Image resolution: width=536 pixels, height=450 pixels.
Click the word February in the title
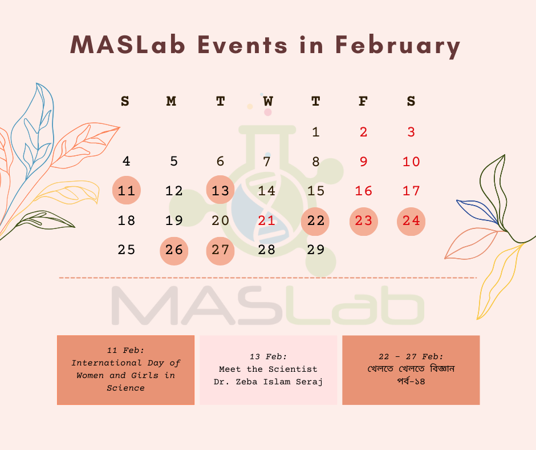pos(397,46)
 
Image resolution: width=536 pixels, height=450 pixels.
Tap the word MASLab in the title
pos(128,45)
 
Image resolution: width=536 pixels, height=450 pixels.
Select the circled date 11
pos(127,190)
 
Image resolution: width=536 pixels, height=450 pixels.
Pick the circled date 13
pos(220,190)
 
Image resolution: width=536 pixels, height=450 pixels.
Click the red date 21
pos(267,220)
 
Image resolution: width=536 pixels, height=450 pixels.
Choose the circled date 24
pos(411,221)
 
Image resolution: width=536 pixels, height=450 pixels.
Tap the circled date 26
pos(174,251)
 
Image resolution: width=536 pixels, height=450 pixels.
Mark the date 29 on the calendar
pos(315,250)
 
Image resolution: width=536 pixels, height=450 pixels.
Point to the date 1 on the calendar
pos(315,132)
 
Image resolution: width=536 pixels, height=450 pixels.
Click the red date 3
pos(411,132)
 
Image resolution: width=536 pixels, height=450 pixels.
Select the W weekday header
pos(268,102)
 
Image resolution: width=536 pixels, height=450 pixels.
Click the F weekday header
pos(363,102)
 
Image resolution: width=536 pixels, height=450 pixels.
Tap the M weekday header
pos(171,102)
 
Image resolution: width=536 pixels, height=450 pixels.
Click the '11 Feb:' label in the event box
pos(125,350)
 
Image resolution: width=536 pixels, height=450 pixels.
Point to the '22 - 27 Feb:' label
pos(411,356)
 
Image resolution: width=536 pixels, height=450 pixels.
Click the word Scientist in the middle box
pos(293,369)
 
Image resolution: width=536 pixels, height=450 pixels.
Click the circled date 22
pos(315,221)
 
